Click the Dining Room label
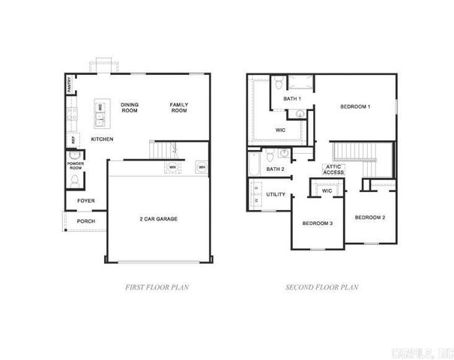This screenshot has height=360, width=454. pos(130,107)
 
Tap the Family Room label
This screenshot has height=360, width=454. pos(178,107)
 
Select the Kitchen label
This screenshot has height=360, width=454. pos(103,139)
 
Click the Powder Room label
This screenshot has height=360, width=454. pos(75,165)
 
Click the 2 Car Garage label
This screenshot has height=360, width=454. pos(158,219)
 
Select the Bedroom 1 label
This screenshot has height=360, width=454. pos(355,106)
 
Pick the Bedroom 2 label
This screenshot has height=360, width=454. pos(370,217)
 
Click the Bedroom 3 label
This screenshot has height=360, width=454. pos(317,223)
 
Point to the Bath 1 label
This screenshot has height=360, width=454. pos(292,99)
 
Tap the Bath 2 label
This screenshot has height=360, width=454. pos(276,169)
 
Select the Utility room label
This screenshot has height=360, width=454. pos(276,195)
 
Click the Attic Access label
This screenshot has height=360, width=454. pos(333,169)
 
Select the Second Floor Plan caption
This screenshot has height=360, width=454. pos(323,286)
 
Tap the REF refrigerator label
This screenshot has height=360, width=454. pos(73,139)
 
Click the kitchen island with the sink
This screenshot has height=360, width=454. pos(100,112)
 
